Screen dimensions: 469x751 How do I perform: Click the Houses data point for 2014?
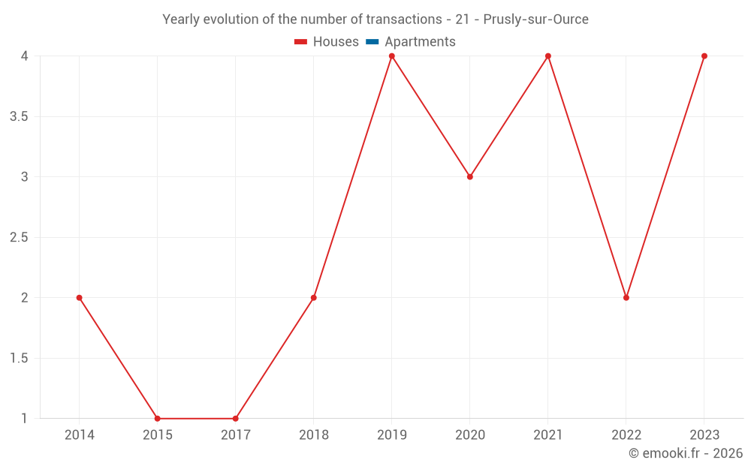(x=79, y=298)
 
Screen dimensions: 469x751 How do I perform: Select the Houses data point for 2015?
(x=157, y=419)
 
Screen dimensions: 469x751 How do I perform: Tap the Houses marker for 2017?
(x=235, y=419)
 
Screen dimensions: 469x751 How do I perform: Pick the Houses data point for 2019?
(x=391, y=56)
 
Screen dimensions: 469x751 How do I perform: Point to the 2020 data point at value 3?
(x=469, y=177)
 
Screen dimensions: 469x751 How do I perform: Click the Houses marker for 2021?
(x=547, y=56)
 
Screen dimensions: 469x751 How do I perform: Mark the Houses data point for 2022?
(x=626, y=298)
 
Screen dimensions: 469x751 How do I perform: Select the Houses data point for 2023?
(x=704, y=56)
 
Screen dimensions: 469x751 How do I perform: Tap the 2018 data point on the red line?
(x=313, y=298)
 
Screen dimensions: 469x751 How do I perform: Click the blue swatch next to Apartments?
(x=372, y=42)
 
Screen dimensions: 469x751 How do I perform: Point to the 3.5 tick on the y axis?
(x=19, y=116)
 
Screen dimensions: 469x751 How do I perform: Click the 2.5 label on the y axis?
(x=19, y=237)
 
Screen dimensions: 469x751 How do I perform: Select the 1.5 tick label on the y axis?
(x=19, y=358)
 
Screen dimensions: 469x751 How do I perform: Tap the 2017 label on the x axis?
(x=235, y=435)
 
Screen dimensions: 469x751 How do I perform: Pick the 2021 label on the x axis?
(x=547, y=435)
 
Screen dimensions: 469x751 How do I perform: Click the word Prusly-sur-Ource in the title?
(x=535, y=20)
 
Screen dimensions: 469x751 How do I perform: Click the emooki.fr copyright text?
(x=685, y=453)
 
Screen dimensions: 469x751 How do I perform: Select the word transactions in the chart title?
(x=405, y=20)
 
